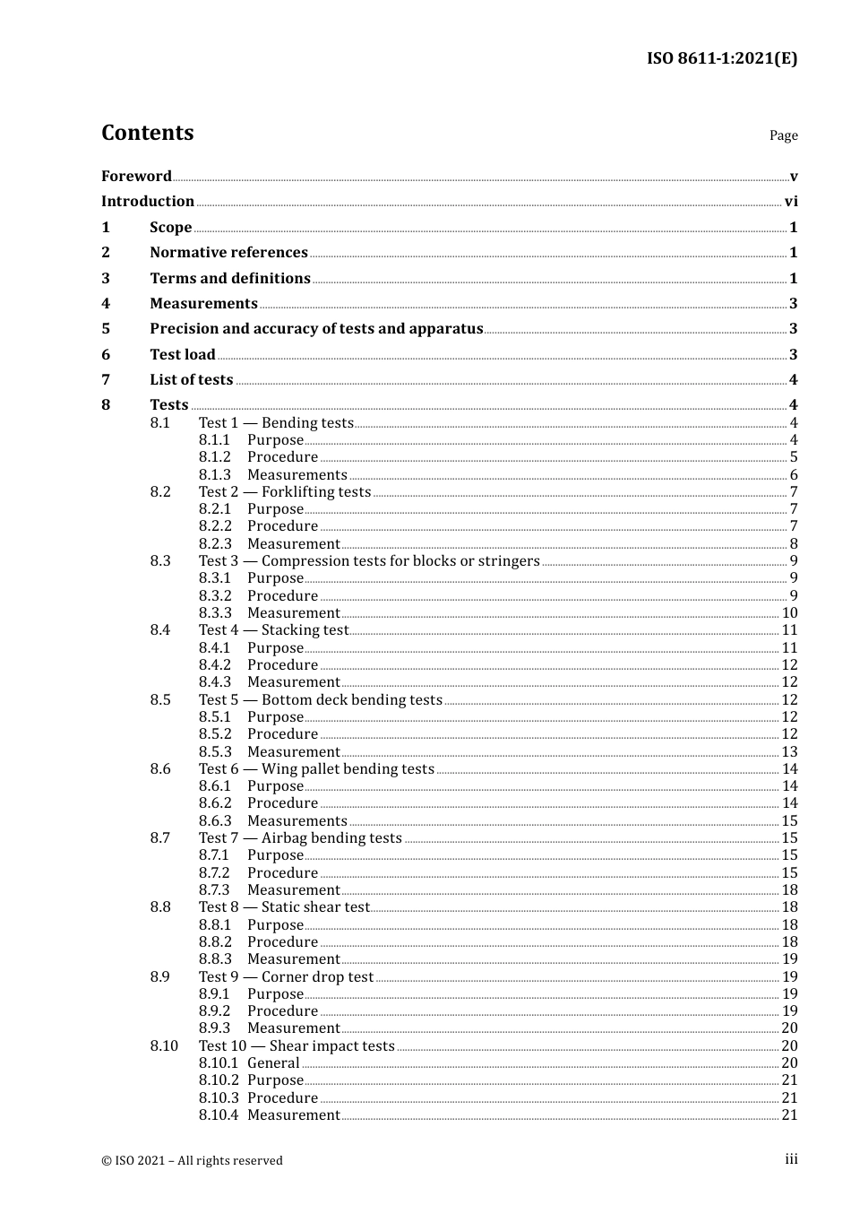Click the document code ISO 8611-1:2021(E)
coord(721,58)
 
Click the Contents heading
coord(147,133)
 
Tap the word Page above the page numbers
coord(783,135)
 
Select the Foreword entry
coord(136,176)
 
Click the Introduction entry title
coord(148,201)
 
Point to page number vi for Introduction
coord(791,202)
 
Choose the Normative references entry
coord(228,252)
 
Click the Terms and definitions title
coord(230,278)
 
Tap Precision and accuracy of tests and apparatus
coord(316,328)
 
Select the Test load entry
coord(183,354)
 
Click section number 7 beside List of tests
coord(106,379)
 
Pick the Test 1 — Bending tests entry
coord(276,422)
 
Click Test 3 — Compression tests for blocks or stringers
coord(369,560)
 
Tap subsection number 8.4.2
coord(215,664)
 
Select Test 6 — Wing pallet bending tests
coord(316,768)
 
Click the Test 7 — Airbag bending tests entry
coord(300,837)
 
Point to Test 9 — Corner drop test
coord(286,976)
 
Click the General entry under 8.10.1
coord(273,1062)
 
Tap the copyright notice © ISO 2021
coord(192,1160)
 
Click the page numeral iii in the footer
coord(791,1159)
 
